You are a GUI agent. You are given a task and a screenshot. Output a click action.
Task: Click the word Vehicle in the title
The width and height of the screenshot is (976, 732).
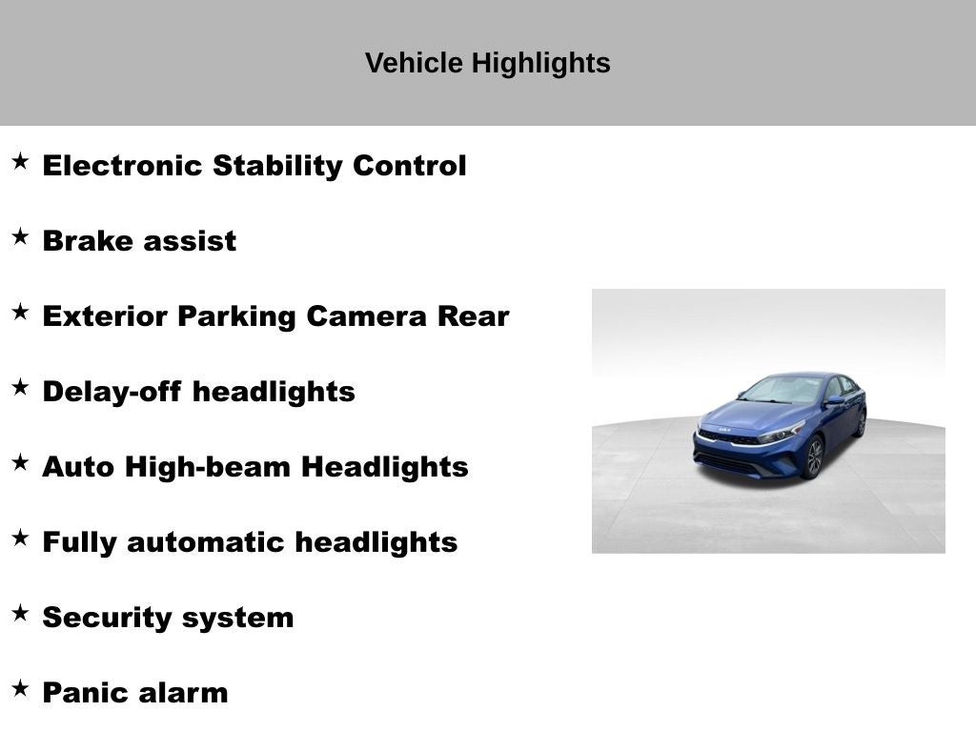(x=414, y=63)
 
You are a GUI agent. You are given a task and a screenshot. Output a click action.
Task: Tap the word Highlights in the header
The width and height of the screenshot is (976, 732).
(x=541, y=64)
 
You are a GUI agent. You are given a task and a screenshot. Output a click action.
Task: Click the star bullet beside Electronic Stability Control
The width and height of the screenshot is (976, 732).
(x=20, y=161)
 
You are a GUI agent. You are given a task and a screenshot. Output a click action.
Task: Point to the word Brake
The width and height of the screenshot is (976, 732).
(x=81, y=240)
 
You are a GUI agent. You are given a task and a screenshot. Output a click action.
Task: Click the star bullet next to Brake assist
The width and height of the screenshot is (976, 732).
(x=20, y=236)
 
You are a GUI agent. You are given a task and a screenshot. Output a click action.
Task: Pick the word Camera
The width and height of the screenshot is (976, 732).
(x=366, y=316)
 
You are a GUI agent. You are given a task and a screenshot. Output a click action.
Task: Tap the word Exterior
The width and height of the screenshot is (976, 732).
(x=107, y=316)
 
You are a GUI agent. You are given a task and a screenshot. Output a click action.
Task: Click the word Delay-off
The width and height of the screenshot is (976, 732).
(x=112, y=392)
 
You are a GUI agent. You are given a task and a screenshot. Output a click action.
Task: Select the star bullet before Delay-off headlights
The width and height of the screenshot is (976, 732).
(x=20, y=387)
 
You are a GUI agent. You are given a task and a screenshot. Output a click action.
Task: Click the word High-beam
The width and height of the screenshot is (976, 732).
(x=207, y=467)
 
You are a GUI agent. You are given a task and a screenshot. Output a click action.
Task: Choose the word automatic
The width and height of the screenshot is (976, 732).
(x=207, y=542)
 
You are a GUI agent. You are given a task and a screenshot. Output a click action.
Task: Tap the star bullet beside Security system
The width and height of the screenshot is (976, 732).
(x=20, y=613)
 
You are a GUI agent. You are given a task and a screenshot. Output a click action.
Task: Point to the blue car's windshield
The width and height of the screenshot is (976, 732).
(x=782, y=390)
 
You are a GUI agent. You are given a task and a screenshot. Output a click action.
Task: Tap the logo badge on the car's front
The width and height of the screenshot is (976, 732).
(x=724, y=430)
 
